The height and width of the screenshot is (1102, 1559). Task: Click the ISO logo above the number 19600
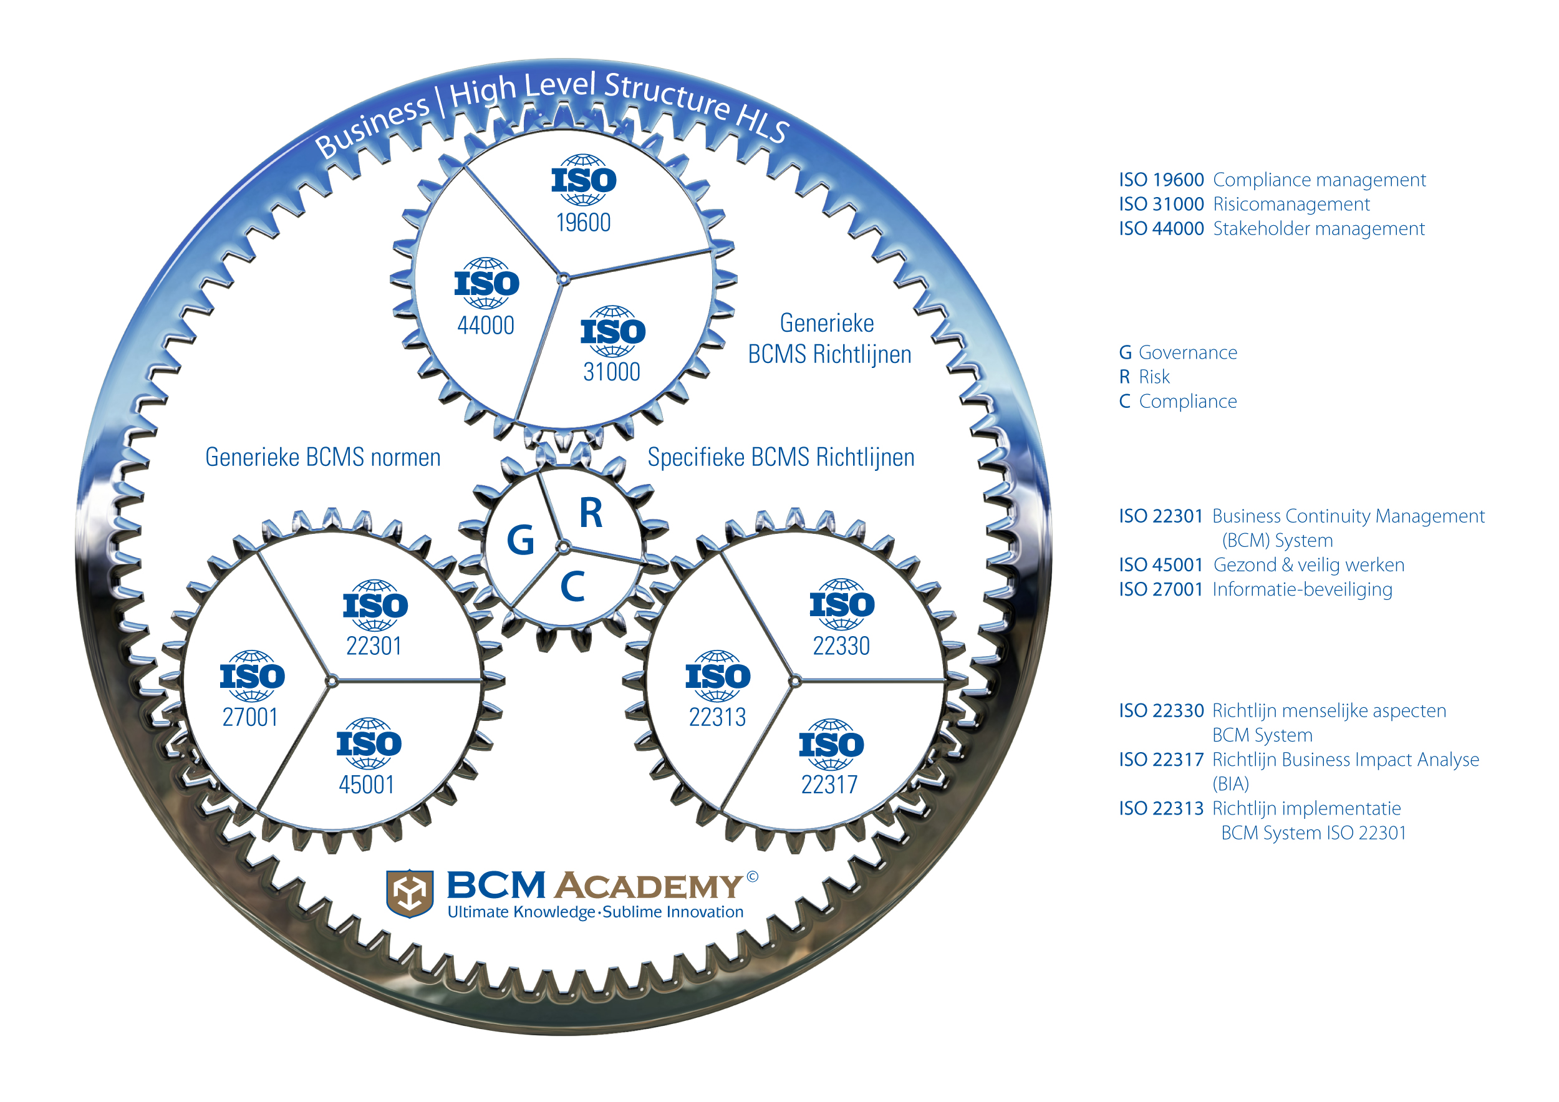click(583, 180)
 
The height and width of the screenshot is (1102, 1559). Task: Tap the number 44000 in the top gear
click(486, 325)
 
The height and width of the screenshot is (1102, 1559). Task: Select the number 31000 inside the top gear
click(611, 372)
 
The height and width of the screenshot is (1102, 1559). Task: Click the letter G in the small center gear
click(520, 541)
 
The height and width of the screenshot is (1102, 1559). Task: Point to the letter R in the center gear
click(591, 513)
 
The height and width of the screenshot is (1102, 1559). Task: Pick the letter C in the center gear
click(572, 587)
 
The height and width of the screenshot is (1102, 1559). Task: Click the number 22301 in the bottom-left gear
click(374, 645)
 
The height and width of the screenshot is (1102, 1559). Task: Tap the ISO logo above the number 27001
click(252, 675)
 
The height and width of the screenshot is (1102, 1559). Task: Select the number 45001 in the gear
click(367, 784)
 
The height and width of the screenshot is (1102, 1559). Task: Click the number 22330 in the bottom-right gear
click(841, 645)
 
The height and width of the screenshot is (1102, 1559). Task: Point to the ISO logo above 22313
click(718, 675)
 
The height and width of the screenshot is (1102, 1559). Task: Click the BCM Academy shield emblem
click(410, 893)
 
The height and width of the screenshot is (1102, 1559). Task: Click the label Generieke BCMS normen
click(322, 457)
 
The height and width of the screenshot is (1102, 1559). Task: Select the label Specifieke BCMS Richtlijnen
click(781, 457)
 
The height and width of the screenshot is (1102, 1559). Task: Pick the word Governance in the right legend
click(1187, 352)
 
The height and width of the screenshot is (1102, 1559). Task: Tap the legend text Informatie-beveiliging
click(1301, 589)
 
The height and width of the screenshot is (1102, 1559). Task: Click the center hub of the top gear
click(563, 278)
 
